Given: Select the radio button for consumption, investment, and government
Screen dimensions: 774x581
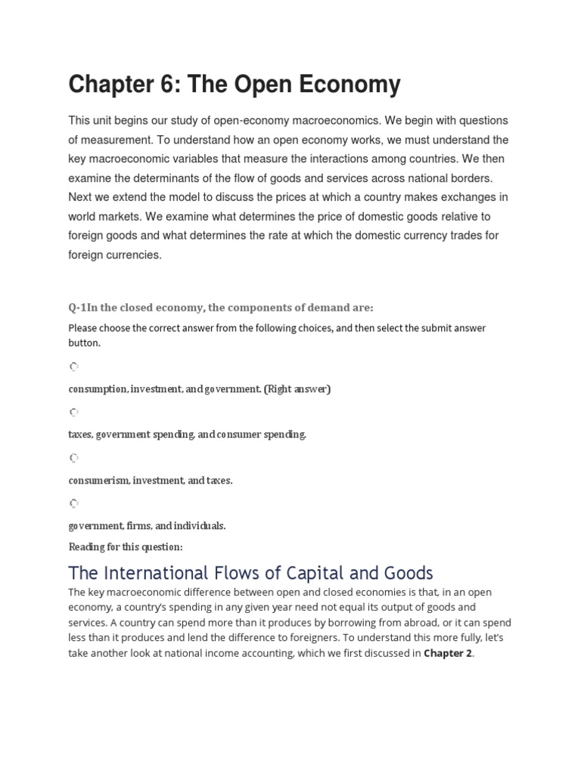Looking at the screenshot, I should click(73, 367).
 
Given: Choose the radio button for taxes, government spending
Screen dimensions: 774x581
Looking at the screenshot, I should click(73, 412).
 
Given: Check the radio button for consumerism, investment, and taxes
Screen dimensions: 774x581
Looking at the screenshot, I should click(73, 457).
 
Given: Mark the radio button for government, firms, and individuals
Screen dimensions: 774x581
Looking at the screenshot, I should click(73, 503).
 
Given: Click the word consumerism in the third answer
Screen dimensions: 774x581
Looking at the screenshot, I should click(98, 481).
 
